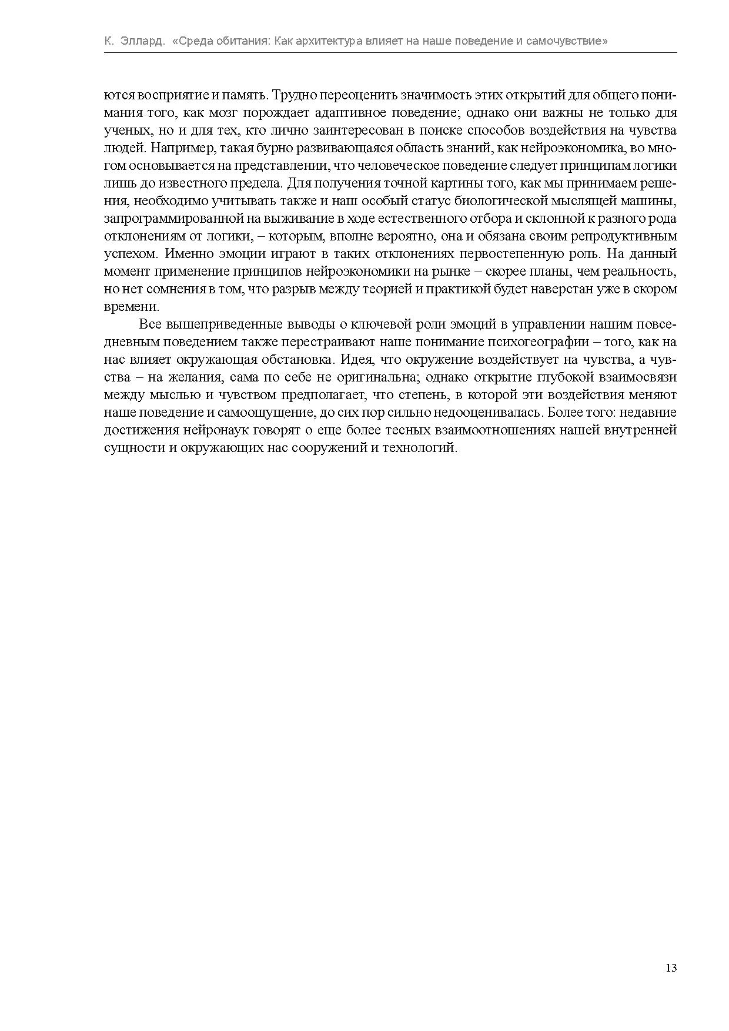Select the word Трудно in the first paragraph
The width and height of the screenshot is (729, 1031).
tap(291, 95)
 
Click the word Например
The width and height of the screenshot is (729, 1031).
tap(179, 148)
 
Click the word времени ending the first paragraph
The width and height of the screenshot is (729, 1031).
tap(130, 307)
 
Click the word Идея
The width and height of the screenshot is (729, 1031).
tap(356, 360)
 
